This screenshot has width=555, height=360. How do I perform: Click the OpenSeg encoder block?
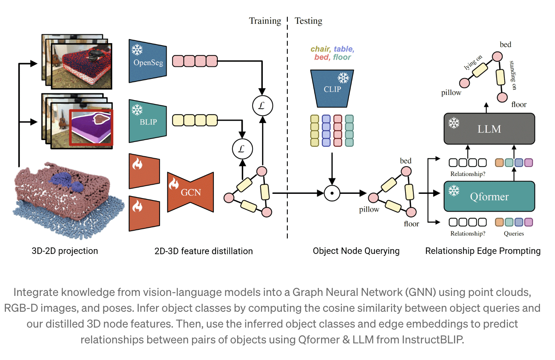click(x=148, y=61)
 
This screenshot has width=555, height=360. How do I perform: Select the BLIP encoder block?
click(x=148, y=121)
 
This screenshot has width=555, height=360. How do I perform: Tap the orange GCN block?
click(x=190, y=192)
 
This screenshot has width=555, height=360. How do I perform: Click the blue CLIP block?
click(x=332, y=89)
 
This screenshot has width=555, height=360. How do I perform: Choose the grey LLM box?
click(x=489, y=129)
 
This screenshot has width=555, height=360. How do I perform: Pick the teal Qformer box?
click(x=489, y=197)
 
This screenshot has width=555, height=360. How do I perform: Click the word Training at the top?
click(x=265, y=21)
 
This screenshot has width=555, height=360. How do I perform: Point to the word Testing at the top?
click(x=308, y=21)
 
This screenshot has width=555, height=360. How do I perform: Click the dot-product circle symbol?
click(x=332, y=193)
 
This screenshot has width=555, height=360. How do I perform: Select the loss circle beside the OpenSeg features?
click(x=262, y=106)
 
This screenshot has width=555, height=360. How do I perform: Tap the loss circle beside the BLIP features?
click(x=242, y=149)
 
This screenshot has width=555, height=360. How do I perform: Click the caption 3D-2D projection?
click(x=65, y=251)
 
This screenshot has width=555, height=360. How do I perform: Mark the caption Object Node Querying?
click(x=356, y=251)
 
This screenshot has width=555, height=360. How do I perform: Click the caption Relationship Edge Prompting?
click(x=483, y=251)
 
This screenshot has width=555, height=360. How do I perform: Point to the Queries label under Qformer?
click(x=513, y=233)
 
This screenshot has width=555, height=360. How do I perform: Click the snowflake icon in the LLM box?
click(x=454, y=123)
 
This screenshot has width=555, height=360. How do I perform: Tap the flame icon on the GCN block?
click(x=174, y=183)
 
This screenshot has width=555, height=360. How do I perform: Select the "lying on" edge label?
click(x=473, y=63)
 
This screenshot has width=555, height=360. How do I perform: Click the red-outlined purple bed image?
click(x=91, y=127)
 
